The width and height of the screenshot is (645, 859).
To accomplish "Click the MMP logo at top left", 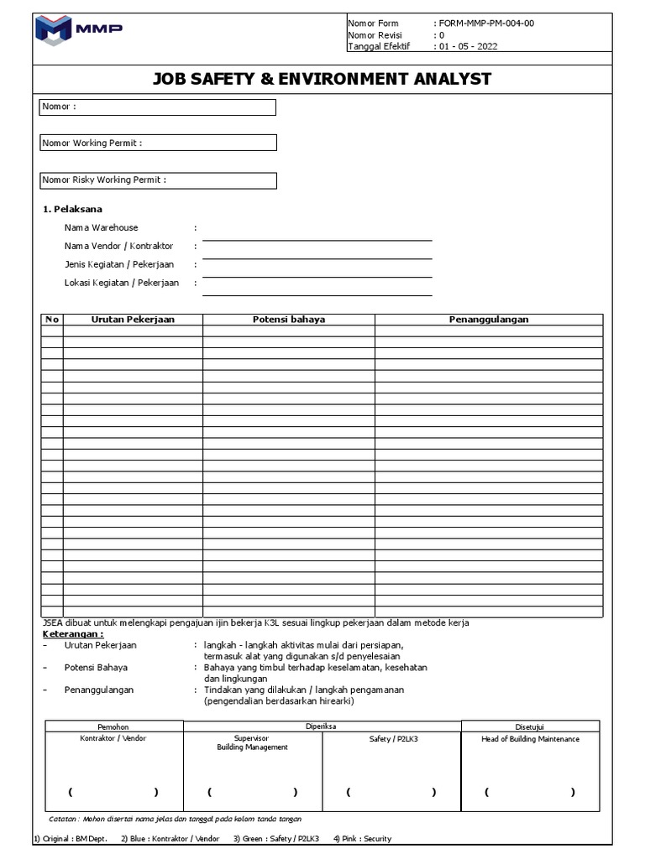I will (x=80, y=30).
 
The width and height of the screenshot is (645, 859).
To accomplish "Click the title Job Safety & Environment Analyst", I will (x=322, y=80).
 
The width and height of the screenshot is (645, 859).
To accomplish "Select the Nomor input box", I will (x=158, y=107).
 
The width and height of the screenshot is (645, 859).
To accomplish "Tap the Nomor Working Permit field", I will (x=158, y=143).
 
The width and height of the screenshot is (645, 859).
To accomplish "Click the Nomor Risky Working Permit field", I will (x=158, y=180).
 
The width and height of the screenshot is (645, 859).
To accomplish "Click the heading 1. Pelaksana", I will (x=72, y=210).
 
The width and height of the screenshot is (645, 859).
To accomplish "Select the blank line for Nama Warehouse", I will (x=317, y=235).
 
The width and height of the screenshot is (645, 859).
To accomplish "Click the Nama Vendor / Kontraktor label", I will (x=118, y=247).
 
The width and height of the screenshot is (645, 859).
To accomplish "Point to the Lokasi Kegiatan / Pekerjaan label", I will (x=122, y=284).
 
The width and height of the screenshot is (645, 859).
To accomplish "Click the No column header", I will (x=52, y=320).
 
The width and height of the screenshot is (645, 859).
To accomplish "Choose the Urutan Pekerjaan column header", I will (x=133, y=320).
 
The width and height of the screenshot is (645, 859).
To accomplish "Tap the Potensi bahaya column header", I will (x=289, y=320).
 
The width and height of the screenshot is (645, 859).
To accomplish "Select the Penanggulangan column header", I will (x=489, y=320).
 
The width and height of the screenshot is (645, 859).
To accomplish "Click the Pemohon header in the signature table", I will (x=113, y=726).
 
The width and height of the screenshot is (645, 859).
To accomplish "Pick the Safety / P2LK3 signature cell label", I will (x=391, y=739).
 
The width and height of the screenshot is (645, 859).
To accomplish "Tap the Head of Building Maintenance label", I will (x=530, y=739).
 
